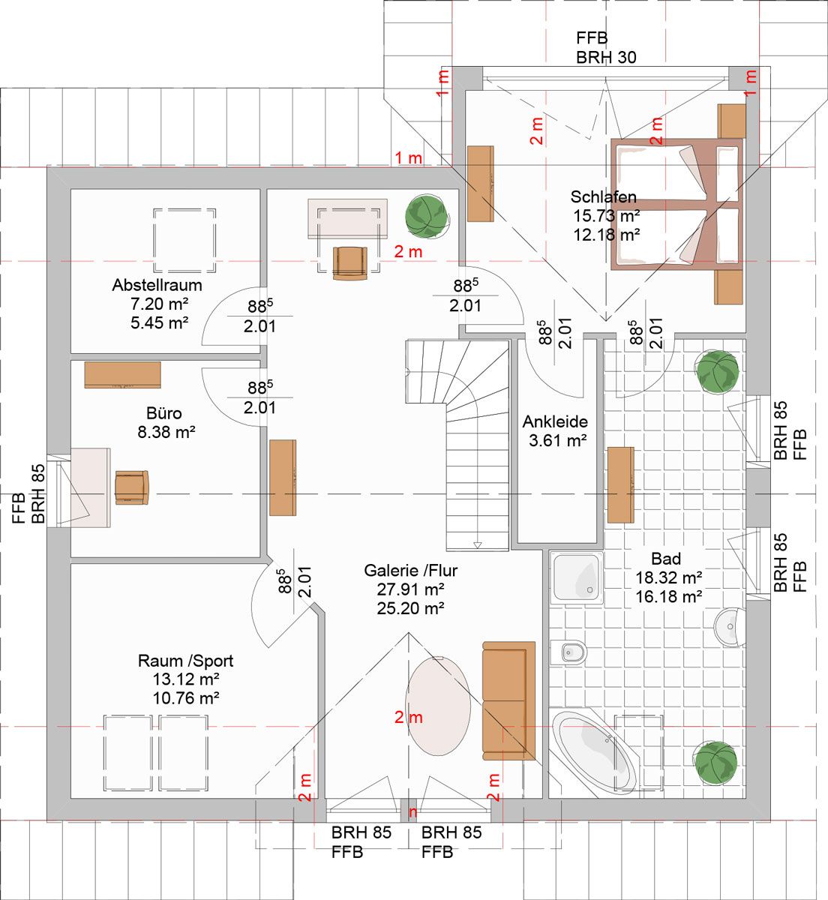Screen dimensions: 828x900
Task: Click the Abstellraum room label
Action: click(157, 285)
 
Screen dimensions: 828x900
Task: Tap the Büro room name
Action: click(163, 413)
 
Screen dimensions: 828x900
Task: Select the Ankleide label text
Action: click(555, 421)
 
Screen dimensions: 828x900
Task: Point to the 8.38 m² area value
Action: click(166, 433)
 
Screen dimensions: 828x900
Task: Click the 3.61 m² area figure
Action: click(558, 441)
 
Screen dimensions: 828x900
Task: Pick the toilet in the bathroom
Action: click(568, 652)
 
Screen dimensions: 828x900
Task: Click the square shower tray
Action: click(577, 577)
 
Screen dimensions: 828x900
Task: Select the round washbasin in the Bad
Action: click(730, 627)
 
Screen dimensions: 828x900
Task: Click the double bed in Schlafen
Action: click(676, 204)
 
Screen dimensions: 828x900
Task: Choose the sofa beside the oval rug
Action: click(509, 700)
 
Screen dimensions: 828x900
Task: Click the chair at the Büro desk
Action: click(132, 487)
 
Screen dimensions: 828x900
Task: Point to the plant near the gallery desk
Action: click(427, 217)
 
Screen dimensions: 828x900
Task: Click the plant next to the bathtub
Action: click(716, 762)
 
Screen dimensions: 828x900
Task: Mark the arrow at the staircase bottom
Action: click(478, 544)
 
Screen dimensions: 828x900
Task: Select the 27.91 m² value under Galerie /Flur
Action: click(411, 589)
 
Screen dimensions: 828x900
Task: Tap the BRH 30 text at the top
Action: click(606, 58)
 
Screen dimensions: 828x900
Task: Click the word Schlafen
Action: click(604, 197)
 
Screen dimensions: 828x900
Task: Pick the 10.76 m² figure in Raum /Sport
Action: click(186, 698)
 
